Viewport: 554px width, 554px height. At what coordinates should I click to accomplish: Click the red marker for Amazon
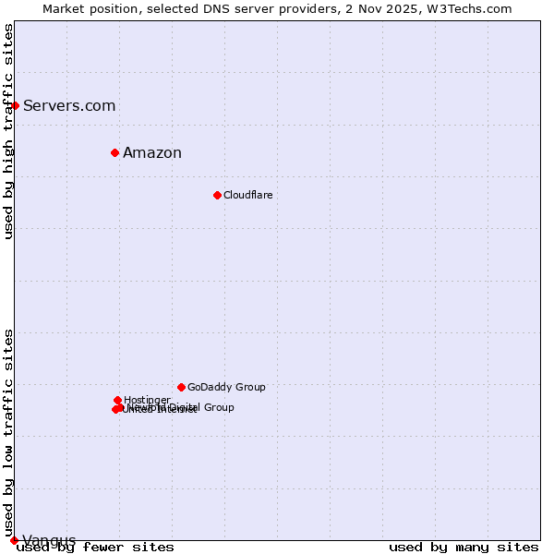pyautogui.click(x=114, y=152)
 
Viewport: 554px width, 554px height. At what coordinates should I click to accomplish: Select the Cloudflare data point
pyautogui.click(x=217, y=195)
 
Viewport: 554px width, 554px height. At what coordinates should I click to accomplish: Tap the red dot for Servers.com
pyautogui.click(x=15, y=105)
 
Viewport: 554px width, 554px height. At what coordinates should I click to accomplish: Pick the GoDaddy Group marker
pyautogui.click(x=181, y=387)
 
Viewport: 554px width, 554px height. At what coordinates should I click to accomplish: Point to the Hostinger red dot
pyautogui.click(x=117, y=400)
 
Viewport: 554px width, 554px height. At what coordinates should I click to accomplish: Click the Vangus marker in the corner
pyautogui.click(x=14, y=540)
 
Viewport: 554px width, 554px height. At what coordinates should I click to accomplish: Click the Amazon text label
pyautogui.click(x=152, y=153)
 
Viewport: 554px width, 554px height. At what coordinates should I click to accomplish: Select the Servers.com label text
pyautogui.click(x=69, y=106)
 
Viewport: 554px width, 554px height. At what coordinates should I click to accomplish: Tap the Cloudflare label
pyautogui.click(x=247, y=196)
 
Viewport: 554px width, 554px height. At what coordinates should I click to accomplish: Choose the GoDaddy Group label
pyautogui.click(x=226, y=388)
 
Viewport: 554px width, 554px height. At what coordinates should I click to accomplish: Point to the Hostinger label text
pyautogui.click(x=147, y=400)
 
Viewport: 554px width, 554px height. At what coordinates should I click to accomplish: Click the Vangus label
pyautogui.click(x=49, y=540)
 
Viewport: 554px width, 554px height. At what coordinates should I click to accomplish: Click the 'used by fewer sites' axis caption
pyautogui.click(x=95, y=548)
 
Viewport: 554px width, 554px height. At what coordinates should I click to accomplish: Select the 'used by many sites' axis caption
pyautogui.click(x=464, y=548)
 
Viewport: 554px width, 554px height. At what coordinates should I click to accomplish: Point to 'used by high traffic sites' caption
pyautogui.click(x=9, y=131)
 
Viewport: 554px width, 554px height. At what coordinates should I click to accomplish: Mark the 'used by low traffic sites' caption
pyautogui.click(x=9, y=432)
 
